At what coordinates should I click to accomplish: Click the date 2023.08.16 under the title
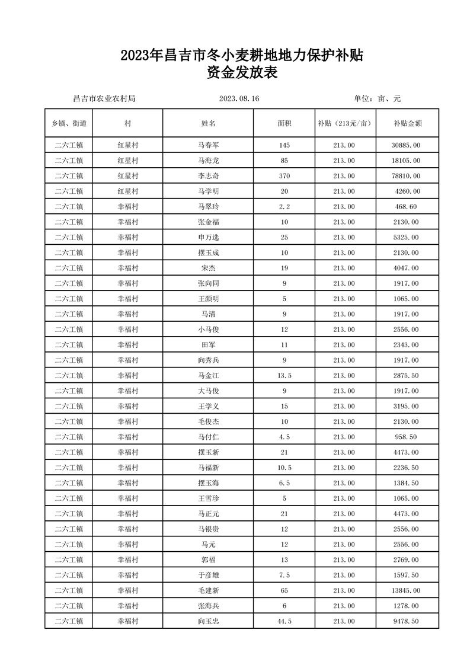click(239, 98)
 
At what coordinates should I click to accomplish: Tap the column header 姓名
click(208, 123)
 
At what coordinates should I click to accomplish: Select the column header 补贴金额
click(407, 123)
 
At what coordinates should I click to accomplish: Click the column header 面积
click(284, 123)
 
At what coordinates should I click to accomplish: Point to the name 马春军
click(208, 145)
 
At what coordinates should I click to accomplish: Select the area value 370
click(284, 176)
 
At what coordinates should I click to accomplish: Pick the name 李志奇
click(208, 176)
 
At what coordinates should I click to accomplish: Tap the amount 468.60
click(408, 207)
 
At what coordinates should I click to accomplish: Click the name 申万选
click(208, 238)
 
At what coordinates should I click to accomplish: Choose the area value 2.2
click(284, 207)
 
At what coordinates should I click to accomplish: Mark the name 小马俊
click(208, 330)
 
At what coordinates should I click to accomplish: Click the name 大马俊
click(208, 391)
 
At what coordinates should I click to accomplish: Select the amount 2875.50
click(407, 376)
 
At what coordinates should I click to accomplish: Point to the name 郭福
click(208, 560)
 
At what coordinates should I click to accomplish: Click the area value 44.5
click(284, 622)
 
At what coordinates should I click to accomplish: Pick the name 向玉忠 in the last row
click(208, 622)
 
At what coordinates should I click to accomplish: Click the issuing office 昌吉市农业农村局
click(104, 98)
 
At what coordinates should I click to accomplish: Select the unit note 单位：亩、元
click(377, 98)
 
